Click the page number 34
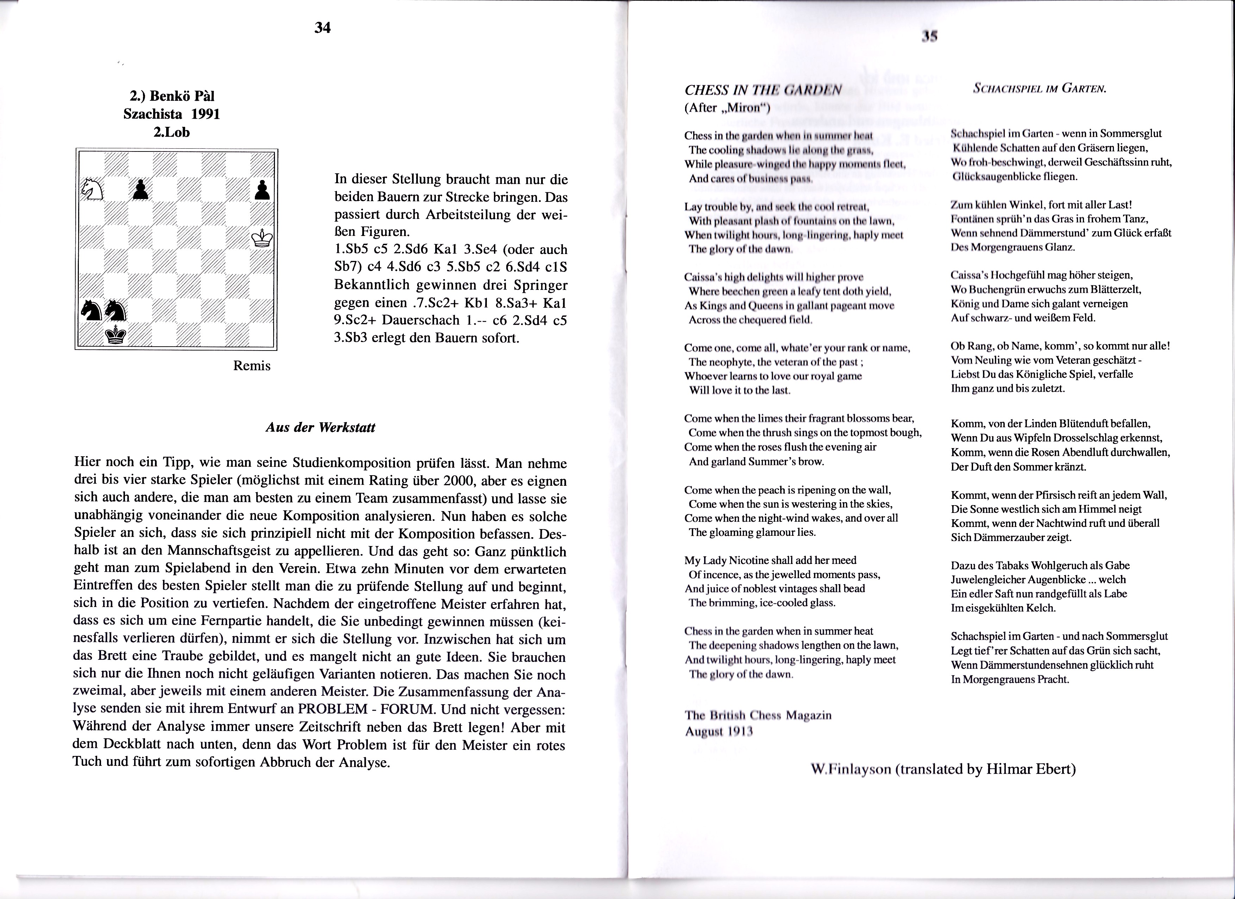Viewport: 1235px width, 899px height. [x=322, y=28]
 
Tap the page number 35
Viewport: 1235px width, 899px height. [x=928, y=37]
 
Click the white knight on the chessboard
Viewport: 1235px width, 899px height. [x=92, y=190]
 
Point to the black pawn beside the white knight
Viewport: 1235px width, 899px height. [x=140, y=190]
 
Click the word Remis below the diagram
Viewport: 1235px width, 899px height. [x=252, y=366]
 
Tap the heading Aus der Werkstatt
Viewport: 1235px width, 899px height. [x=320, y=427]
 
